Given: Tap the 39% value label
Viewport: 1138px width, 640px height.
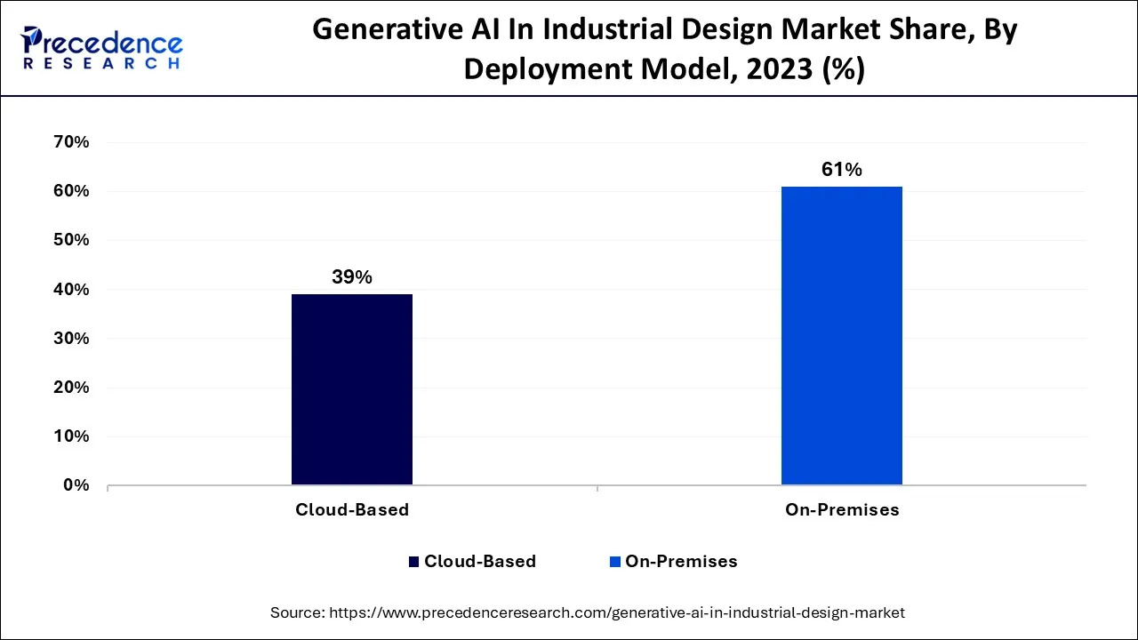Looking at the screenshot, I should coord(352,277).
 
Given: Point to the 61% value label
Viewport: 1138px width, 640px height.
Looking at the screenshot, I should coord(841,170).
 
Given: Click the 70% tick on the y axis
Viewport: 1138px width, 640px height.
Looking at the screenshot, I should coord(71,142).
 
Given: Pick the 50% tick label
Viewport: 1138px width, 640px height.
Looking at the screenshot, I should coord(71,240).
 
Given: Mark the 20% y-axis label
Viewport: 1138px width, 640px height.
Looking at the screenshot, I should coord(71,388).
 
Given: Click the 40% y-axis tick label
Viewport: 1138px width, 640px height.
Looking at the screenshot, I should coord(71,290).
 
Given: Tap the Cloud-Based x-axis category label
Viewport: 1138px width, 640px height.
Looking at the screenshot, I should coord(352,510).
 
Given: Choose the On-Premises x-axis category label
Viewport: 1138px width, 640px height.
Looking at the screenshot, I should coord(842,510).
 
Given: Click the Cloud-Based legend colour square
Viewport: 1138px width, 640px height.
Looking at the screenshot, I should coord(413,562).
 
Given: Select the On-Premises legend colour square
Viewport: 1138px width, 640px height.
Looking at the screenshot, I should coord(614,562).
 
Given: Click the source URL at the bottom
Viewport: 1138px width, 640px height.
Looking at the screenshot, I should coord(617,612).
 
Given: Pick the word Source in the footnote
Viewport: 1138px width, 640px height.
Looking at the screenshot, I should coord(296,612).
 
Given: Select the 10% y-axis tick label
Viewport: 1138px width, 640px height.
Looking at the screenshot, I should coord(71,436).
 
